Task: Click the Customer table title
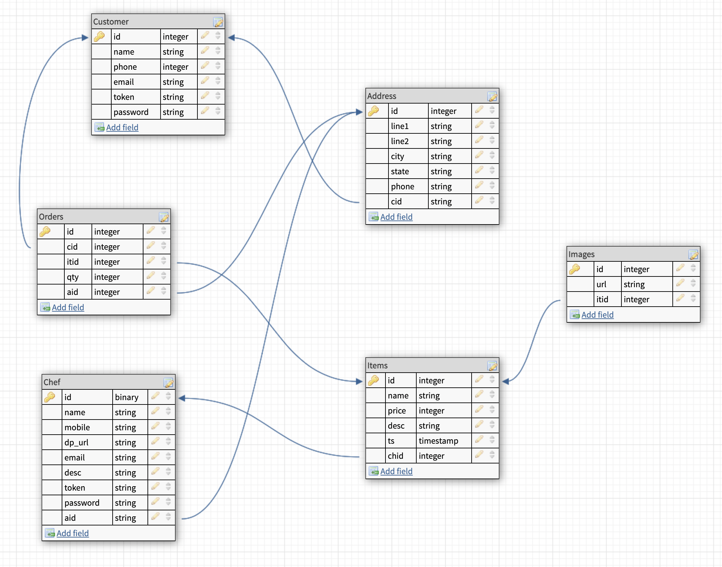point(111,22)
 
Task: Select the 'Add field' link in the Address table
point(396,217)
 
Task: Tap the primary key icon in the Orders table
point(45,231)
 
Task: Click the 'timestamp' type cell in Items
point(438,441)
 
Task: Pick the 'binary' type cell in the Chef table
point(127,397)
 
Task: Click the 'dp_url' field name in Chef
point(76,442)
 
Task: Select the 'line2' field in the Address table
point(400,141)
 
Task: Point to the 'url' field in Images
point(601,284)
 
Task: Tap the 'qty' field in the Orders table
point(73,277)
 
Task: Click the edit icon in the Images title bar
point(693,255)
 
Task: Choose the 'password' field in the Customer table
point(131,112)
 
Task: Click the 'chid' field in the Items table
point(396,456)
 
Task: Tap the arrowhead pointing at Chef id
point(182,398)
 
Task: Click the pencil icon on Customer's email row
point(205,81)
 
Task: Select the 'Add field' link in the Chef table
point(72,533)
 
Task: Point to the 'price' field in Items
point(397,411)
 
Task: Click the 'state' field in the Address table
point(400,171)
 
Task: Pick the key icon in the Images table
point(575,269)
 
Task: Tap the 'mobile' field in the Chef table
point(77,427)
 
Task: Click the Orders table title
point(51,217)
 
